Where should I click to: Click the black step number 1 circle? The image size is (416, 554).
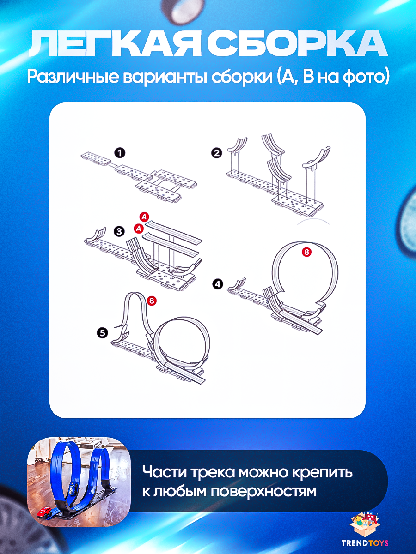pyautogui.click(x=120, y=153)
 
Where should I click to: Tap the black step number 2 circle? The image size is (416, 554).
pyautogui.click(x=217, y=153)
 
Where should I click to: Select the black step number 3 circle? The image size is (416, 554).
pyautogui.click(x=119, y=231)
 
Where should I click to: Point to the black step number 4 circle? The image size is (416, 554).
pyautogui.click(x=217, y=284)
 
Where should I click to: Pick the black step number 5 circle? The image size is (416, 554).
pyautogui.click(x=102, y=333)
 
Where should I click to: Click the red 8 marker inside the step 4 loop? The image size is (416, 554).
pyautogui.click(x=306, y=252)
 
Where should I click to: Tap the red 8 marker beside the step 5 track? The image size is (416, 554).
pyautogui.click(x=152, y=301)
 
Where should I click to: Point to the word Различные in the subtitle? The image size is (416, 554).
pyautogui.click(x=73, y=77)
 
